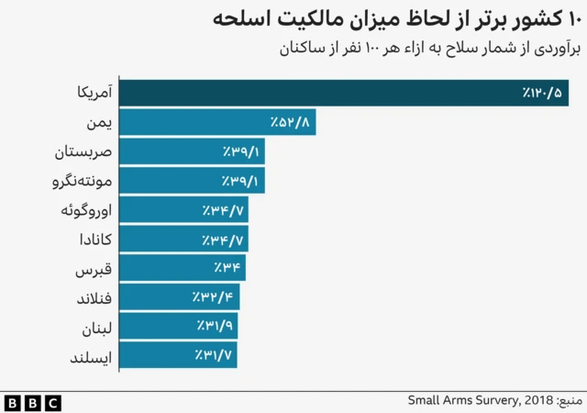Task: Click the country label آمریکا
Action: [92, 93]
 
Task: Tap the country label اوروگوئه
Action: [85, 210]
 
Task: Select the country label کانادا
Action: [92, 240]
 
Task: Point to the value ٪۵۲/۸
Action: [292, 122]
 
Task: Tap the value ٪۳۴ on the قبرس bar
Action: [227, 268]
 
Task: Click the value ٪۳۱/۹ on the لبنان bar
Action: [216, 327]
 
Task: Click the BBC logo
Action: [32, 402]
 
